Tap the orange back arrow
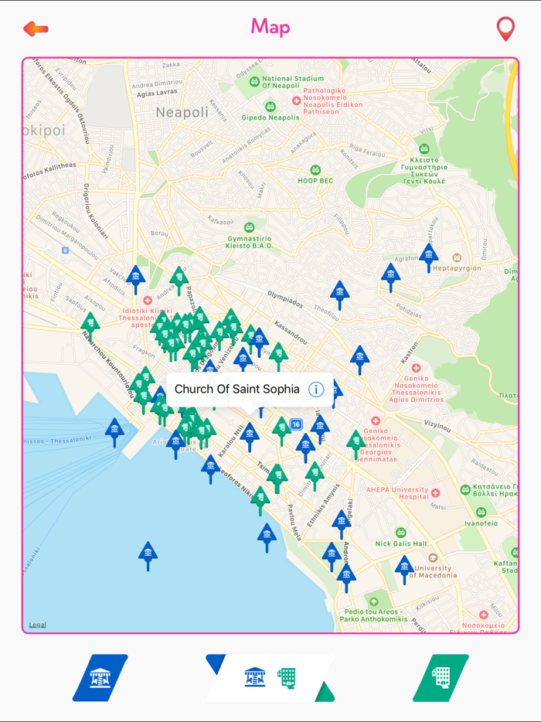[x=36, y=29]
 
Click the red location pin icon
[x=505, y=29]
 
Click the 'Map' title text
[x=270, y=27]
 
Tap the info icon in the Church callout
[x=315, y=390]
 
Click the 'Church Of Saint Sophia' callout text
[x=236, y=390]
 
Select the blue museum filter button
[x=100, y=678]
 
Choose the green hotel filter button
[x=441, y=678]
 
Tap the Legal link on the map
[x=37, y=625]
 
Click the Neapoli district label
[x=182, y=113]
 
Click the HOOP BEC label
[x=315, y=180]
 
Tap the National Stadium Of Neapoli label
[x=292, y=83]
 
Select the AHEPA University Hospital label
[x=398, y=493]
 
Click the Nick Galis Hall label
[x=400, y=543]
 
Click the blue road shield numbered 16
[x=296, y=424]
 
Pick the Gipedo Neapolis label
[x=270, y=117]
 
